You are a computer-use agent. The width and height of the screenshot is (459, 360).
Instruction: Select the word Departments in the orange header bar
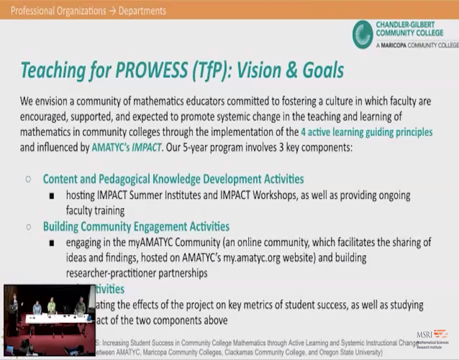coord(142,10)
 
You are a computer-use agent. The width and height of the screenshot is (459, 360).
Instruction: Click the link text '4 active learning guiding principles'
coord(366,132)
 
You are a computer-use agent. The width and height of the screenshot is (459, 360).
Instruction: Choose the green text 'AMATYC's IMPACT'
coord(126,147)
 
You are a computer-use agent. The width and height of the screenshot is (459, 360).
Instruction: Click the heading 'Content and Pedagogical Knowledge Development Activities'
coord(173,179)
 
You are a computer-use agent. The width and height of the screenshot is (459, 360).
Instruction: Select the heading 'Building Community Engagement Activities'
coord(136,226)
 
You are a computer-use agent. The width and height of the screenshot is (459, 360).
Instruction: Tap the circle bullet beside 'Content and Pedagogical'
coord(28,179)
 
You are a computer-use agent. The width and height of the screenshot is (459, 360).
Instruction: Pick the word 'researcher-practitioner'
coord(109,273)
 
